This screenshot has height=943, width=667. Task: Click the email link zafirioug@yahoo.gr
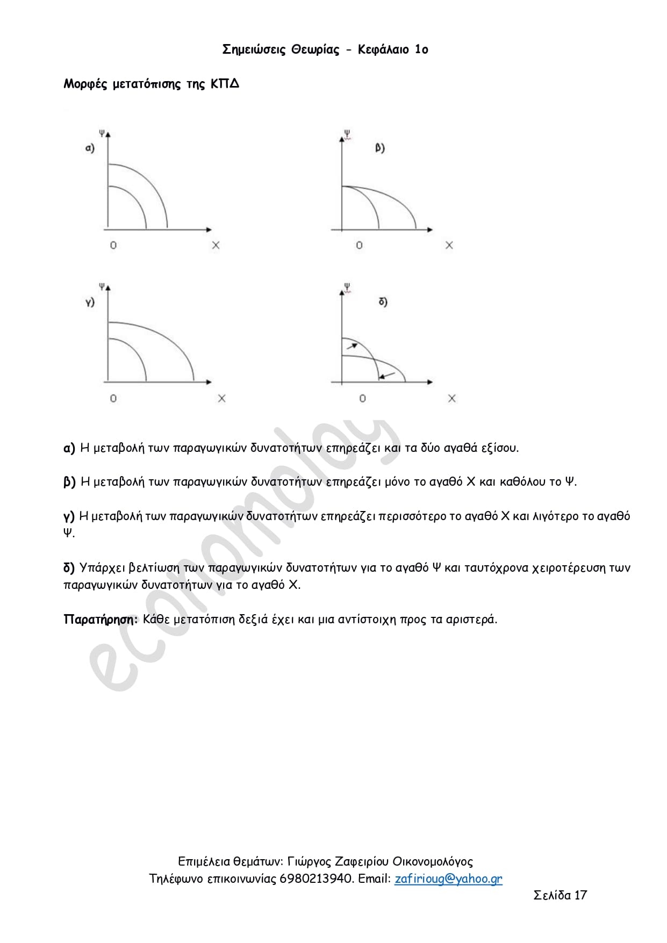(448, 879)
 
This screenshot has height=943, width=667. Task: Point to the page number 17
(580, 895)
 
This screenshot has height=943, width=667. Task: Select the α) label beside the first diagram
(90, 148)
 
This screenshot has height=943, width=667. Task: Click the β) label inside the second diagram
(380, 148)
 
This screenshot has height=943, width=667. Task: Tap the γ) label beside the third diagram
(90, 302)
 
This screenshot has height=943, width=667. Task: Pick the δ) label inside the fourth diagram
(383, 302)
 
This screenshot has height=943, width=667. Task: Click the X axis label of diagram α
(216, 246)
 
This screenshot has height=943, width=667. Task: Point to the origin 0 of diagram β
(359, 246)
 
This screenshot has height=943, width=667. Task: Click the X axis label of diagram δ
(451, 399)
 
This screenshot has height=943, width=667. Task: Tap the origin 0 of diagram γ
(113, 399)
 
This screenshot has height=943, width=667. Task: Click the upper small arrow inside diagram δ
(352, 345)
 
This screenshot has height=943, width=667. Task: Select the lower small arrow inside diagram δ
(387, 375)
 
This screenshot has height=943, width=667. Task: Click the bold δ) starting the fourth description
(69, 568)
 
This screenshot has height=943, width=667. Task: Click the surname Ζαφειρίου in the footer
(361, 862)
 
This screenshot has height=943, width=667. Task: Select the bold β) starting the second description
(69, 482)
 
